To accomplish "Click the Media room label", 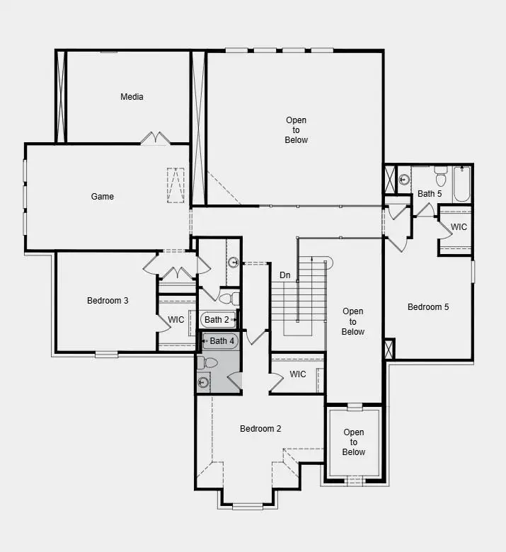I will click(132, 97).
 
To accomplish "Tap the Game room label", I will click(103, 197).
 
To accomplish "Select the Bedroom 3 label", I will click(108, 301).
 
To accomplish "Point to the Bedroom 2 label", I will click(260, 429).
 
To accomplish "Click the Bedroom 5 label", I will click(428, 307).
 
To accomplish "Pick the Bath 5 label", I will click(430, 193).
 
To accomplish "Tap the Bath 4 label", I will click(222, 341).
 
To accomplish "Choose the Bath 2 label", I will click(217, 320).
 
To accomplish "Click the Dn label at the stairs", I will click(284, 275).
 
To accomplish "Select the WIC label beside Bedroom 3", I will click(176, 320).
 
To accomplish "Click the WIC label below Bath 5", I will click(459, 227).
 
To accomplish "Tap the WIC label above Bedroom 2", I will click(298, 374).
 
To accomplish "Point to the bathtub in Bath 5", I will click(461, 183).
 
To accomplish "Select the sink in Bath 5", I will click(404, 180).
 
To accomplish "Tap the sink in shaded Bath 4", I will click(204, 383).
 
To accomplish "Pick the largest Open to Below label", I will click(297, 130).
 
